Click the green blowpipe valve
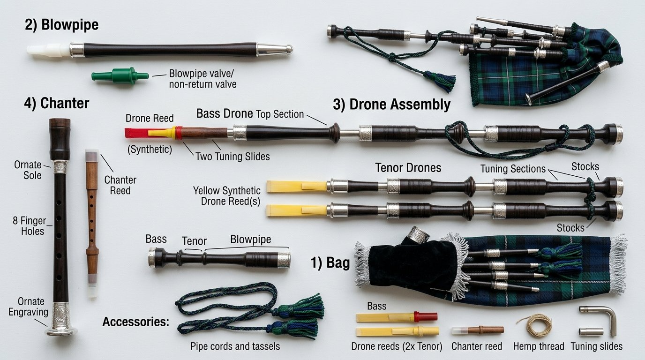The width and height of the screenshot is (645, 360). click(x=120, y=76)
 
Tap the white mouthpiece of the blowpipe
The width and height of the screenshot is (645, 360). click(x=48, y=50)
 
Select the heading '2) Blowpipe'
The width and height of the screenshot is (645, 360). click(x=61, y=25)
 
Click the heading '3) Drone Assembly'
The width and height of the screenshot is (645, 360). click(x=391, y=104)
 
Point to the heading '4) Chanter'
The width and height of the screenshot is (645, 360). click(x=57, y=103)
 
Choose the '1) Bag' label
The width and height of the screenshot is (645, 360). click(x=330, y=263)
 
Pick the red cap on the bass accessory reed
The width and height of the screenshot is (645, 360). click(x=426, y=317)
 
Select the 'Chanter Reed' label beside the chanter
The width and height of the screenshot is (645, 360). click(x=120, y=185)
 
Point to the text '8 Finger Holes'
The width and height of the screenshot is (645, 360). click(x=30, y=226)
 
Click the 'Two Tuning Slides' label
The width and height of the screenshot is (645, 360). click(x=232, y=157)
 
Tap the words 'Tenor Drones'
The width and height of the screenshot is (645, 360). click(x=408, y=168)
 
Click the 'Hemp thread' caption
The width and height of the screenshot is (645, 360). click(x=539, y=346)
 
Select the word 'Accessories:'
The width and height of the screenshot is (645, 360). click(x=135, y=322)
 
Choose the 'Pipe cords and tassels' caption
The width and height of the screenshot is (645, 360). click(x=235, y=346)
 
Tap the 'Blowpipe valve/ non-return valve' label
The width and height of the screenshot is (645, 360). click(x=202, y=79)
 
